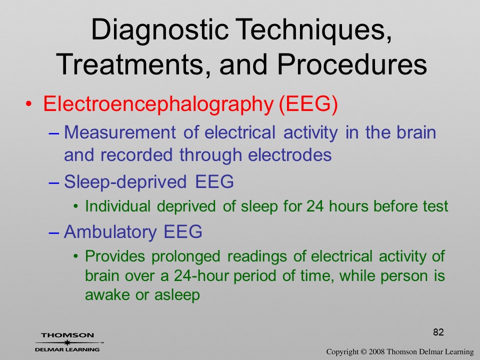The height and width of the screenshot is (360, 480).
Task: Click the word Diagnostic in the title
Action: [159, 30]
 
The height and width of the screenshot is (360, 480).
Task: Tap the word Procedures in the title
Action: [352, 64]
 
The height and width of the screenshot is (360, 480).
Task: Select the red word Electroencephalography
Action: [158, 104]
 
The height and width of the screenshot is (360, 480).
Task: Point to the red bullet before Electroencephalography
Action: [28, 103]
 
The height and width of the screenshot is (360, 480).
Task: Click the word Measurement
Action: [119, 132]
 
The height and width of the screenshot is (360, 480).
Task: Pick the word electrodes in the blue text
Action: [289, 154]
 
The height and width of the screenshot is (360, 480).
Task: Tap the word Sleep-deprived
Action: [125, 182]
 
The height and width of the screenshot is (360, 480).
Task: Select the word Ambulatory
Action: [110, 231]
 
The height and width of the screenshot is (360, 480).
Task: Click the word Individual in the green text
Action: [117, 206]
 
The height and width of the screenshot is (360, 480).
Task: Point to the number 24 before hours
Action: [315, 206]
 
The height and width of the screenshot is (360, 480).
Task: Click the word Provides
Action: [115, 256]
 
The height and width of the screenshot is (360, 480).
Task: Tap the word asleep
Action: [177, 295]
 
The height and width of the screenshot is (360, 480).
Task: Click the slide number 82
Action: [438, 332]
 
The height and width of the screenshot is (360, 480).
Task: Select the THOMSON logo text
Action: [67, 335]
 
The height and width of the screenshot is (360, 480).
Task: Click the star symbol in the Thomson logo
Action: [67, 342]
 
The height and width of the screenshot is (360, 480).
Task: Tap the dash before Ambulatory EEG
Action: [53, 232]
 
